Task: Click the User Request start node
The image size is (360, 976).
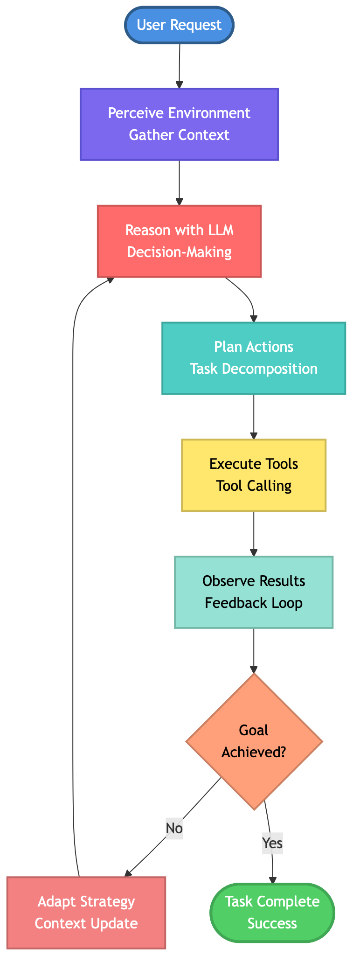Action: tap(179, 25)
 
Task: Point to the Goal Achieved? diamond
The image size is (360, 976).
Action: tap(254, 741)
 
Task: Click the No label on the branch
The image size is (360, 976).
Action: tap(174, 828)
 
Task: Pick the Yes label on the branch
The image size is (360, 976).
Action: tap(272, 843)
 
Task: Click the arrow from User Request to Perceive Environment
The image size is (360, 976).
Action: tap(180, 65)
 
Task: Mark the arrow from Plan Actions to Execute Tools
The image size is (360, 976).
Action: tap(254, 417)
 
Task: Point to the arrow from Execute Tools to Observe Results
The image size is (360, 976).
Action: tap(254, 534)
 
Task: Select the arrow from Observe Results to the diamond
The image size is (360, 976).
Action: tap(254, 650)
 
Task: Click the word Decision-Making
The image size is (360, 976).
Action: tap(179, 252)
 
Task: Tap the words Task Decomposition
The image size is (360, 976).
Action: tap(254, 369)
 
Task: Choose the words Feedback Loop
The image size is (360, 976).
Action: tap(254, 603)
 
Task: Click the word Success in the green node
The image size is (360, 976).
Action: tap(272, 923)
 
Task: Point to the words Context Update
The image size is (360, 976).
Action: tap(86, 923)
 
